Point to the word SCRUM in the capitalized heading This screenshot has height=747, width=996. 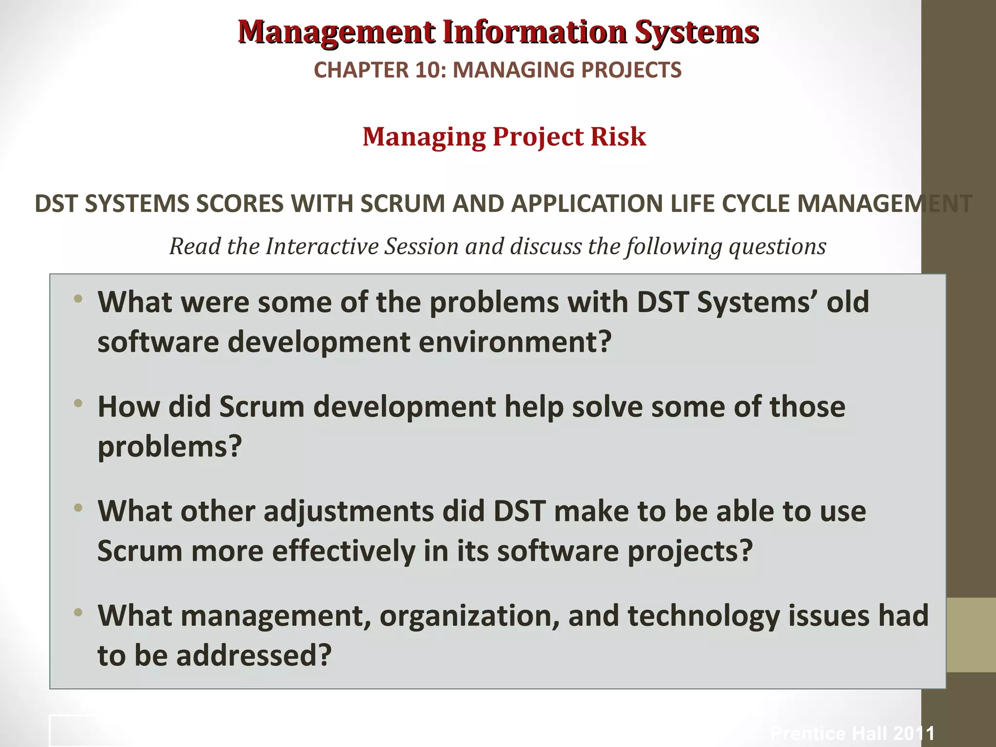[x=402, y=204]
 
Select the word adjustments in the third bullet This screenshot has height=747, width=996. [x=349, y=512]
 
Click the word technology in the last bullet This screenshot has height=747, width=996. [x=703, y=616]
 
